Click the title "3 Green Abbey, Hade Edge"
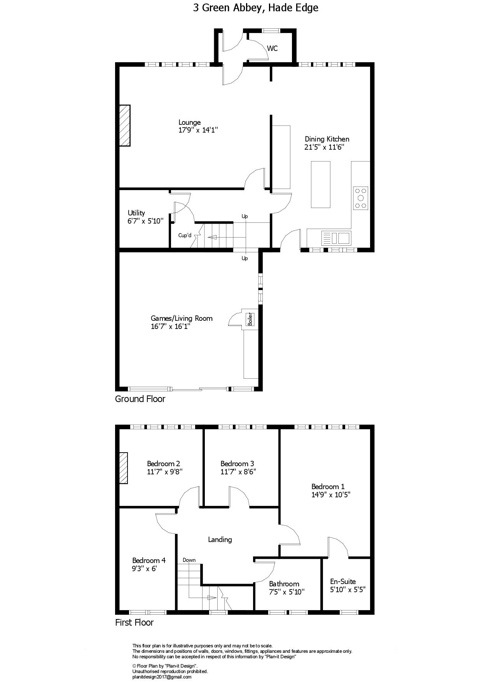coord(255,8)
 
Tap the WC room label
coord(272,49)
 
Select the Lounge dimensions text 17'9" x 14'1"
coord(198,130)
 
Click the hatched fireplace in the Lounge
coord(124,125)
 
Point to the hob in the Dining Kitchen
coord(361,198)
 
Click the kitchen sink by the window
coord(336,237)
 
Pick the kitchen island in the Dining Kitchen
coord(320,185)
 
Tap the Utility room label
coord(136,213)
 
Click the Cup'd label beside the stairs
coord(185,235)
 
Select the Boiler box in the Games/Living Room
coord(250,319)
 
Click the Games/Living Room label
coord(182,318)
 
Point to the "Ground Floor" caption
coord(140,399)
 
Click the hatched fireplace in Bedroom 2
coord(123,468)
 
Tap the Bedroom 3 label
coord(237,463)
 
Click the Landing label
coord(220,539)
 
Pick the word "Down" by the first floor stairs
coord(189,560)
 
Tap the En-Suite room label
coord(343,581)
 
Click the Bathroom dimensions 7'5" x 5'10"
coord(287,592)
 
